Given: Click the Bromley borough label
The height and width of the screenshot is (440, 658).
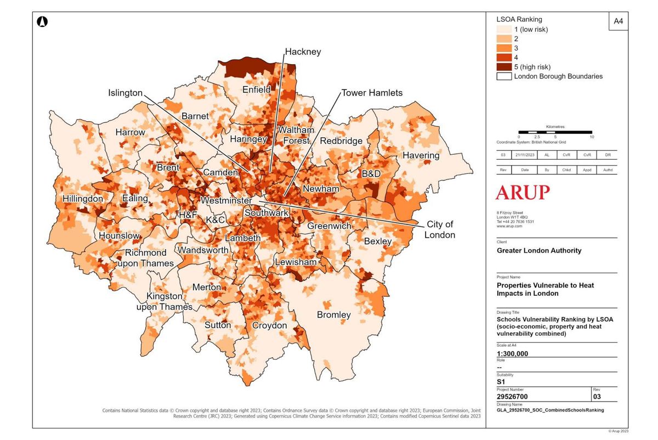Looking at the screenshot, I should [x=333, y=315].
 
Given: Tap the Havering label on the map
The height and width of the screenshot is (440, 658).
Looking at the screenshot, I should [x=421, y=155].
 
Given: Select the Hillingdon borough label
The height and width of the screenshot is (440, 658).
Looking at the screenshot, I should [x=82, y=199].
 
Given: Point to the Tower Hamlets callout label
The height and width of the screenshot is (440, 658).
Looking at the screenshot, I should [x=372, y=93].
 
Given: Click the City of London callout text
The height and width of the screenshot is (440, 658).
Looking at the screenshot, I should [x=440, y=229].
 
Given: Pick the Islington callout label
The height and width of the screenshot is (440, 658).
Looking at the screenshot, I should [x=125, y=93].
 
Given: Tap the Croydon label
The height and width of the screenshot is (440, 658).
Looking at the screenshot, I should [x=269, y=325].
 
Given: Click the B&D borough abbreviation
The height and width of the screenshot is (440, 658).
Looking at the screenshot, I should [x=371, y=173].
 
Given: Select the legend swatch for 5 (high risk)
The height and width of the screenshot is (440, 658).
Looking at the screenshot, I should [x=504, y=66].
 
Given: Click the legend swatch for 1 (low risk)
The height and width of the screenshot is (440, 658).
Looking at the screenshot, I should [x=504, y=29].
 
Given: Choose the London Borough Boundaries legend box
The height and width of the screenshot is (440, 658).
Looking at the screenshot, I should [x=504, y=76].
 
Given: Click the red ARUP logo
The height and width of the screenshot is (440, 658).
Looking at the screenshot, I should [x=522, y=193].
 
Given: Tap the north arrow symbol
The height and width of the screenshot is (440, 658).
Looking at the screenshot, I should [x=42, y=22].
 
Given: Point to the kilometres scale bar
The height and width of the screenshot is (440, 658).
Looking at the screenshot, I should [x=555, y=132].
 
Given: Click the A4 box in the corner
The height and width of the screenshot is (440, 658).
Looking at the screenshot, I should [x=618, y=21].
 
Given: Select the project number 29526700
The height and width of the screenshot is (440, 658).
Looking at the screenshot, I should [x=517, y=396].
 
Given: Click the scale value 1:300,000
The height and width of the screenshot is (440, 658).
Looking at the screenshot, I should [x=512, y=353].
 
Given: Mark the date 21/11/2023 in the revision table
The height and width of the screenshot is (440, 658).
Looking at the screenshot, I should [x=525, y=155].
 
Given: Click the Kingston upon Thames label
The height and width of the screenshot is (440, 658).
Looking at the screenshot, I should [x=164, y=301].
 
